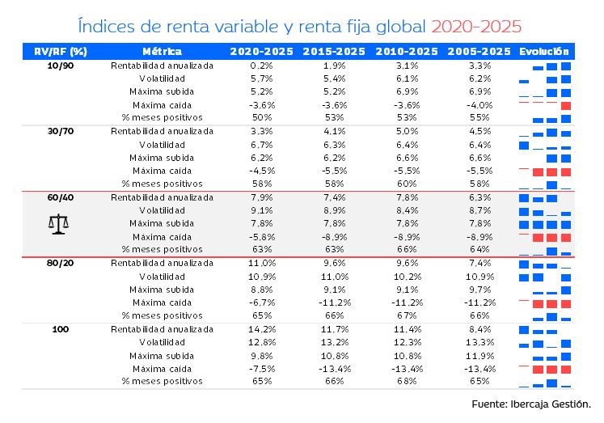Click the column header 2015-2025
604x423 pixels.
[335, 51]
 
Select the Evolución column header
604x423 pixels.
[544, 51]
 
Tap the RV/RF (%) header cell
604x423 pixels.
[61, 51]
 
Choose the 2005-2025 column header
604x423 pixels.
[479, 51]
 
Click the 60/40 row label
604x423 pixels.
[61, 197]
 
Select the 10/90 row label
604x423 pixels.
[61, 66]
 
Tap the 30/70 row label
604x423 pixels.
[61, 132]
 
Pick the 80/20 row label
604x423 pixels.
[61, 264]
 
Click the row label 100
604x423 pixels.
[61, 329]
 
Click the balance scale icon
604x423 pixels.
[58, 224]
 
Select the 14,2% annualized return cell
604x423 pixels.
[262, 329]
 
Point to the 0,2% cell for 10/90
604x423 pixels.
[262, 66]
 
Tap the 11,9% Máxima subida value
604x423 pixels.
[479, 356]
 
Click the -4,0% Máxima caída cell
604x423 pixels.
[479, 105]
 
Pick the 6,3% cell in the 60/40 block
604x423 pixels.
[479, 197]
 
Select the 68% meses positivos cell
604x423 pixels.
[408, 382]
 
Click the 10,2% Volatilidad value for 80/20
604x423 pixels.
[408, 277]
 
